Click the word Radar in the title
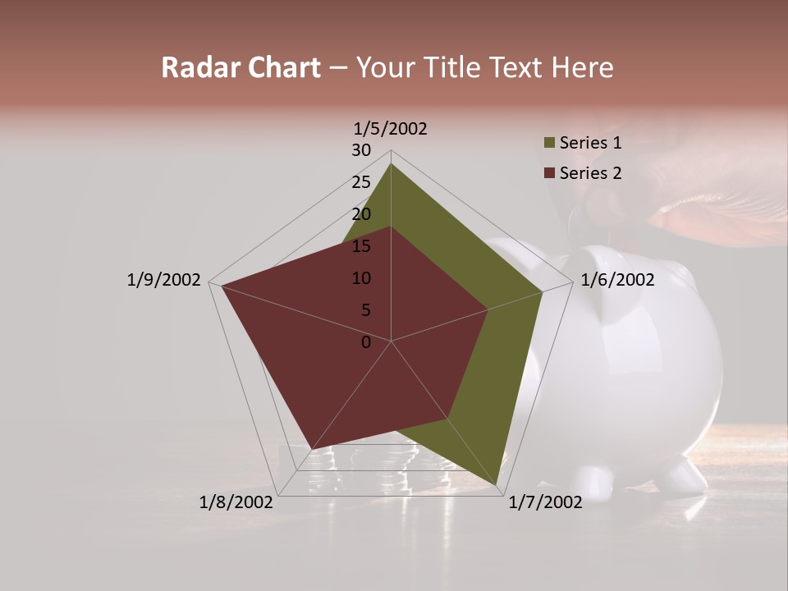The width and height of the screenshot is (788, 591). (195, 68)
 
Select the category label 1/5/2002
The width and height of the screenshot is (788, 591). (390, 129)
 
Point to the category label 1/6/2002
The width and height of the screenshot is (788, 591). (617, 280)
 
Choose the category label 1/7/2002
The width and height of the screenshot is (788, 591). (545, 502)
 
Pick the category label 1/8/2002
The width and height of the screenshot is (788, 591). (236, 502)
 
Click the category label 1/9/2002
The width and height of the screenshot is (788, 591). (163, 280)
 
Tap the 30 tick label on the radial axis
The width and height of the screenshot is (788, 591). (361, 150)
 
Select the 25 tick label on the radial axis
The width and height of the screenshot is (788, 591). (361, 182)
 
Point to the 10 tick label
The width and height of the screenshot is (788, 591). (361, 278)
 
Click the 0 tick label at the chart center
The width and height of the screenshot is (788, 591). (366, 342)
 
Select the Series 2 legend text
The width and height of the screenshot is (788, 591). (590, 173)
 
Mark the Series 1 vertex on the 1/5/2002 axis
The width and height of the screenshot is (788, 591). (391, 163)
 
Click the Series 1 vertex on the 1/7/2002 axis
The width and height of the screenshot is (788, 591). (497, 484)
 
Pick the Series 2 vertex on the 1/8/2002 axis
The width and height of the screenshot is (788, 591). (311, 449)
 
